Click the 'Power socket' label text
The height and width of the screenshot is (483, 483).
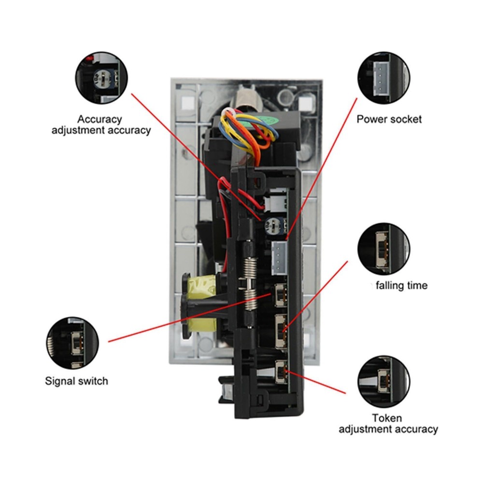[x=389, y=119]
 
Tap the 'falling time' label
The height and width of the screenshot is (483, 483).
[x=401, y=285]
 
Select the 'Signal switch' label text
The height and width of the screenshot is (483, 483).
[x=76, y=381]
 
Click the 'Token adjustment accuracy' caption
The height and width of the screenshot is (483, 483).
[x=388, y=424]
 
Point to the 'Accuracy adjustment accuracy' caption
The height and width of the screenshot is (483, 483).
[x=101, y=124]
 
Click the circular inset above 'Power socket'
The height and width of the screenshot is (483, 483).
[x=384, y=77]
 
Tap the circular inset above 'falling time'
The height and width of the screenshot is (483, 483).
[x=384, y=249]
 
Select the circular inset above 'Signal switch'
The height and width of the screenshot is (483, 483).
[x=73, y=343]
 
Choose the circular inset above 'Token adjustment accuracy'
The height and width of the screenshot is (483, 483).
[x=384, y=382]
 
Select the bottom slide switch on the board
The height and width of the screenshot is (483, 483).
[x=280, y=373]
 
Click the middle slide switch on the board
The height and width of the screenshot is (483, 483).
[x=280, y=331]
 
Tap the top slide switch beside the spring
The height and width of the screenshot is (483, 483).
[x=280, y=295]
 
